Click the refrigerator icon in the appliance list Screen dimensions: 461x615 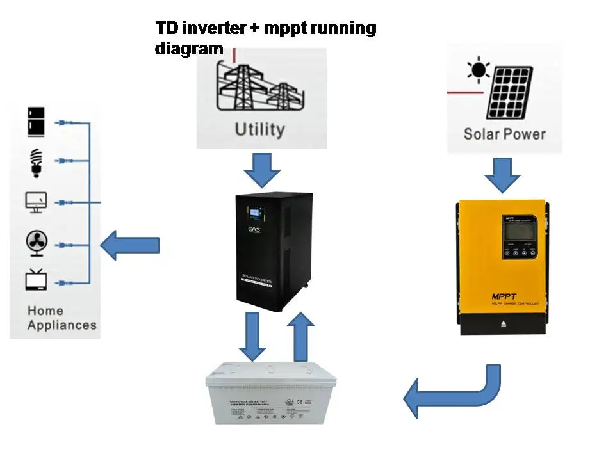point(36,122)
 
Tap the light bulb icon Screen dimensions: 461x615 point(36,162)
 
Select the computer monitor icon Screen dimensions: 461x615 point(36,203)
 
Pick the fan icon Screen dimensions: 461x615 point(36,243)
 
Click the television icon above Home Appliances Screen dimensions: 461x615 point(36,281)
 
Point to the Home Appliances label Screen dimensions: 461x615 point(61,318)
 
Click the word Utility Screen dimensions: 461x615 point(259,129)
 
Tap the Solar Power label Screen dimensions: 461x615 point(504,134)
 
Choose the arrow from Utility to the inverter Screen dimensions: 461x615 point(262,170)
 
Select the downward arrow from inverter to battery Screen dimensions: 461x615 point(252,336)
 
